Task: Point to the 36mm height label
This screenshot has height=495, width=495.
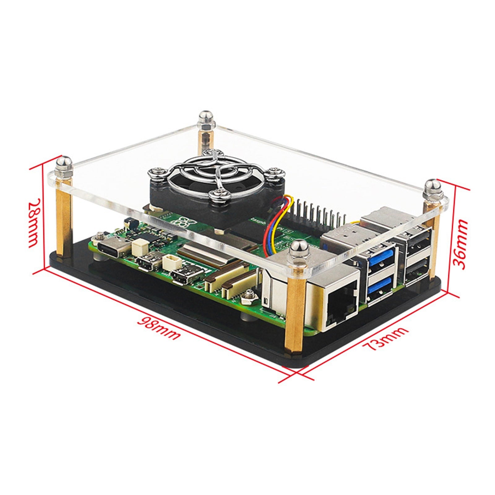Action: coord(460,244)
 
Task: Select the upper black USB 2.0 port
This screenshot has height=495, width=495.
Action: coord(418,241)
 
